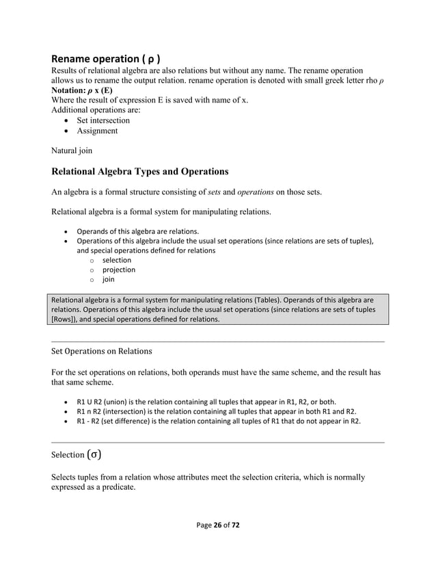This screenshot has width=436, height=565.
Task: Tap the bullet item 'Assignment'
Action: tap(97, 131)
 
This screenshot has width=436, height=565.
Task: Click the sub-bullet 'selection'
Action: tap(117, 261)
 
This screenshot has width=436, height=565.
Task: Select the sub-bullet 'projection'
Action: tap(119, 270)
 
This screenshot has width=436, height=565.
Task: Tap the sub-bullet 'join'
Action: tap(109, 280)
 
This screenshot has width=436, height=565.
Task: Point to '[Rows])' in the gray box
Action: tap(65, 319)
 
